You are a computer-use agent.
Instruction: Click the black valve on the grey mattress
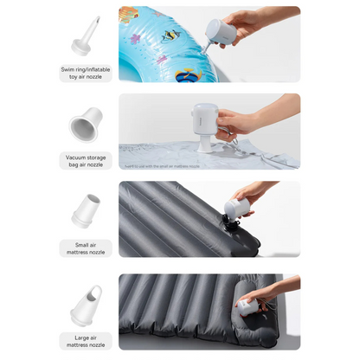pyautogui.click(x=230, y=228)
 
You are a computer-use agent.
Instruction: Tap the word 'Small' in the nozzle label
pyautogui.click(x=74, y=245)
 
